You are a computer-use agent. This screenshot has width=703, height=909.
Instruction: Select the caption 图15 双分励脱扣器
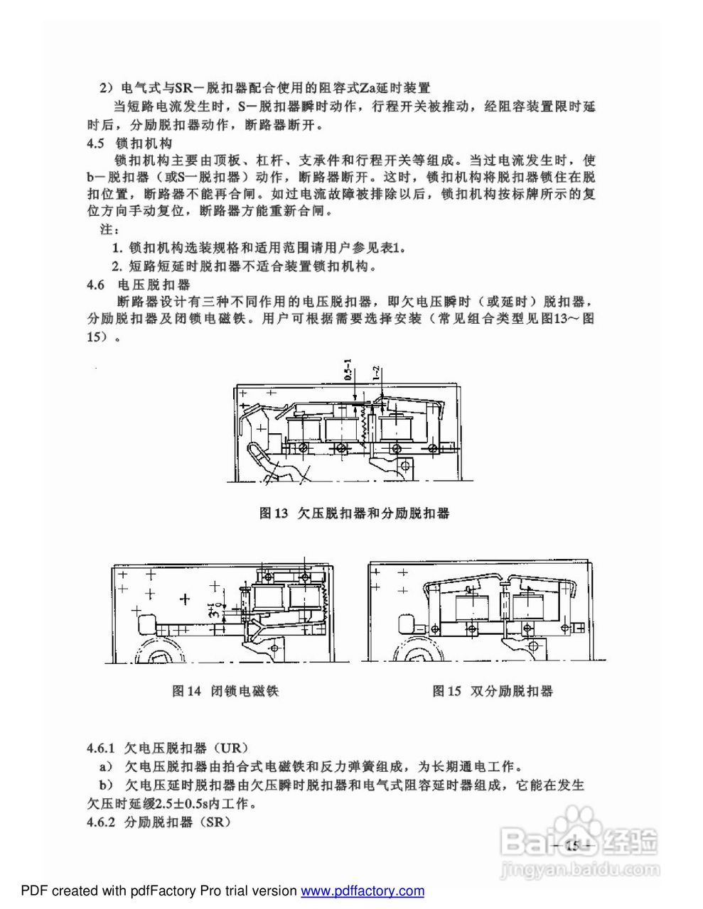click(x=492, y=691)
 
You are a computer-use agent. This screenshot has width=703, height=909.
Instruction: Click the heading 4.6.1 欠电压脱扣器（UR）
click(x=166, y=749)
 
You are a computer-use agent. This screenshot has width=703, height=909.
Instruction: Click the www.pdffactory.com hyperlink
click(x=363, y=891)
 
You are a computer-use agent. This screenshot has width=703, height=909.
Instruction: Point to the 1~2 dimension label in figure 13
click(x=377, y=376)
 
